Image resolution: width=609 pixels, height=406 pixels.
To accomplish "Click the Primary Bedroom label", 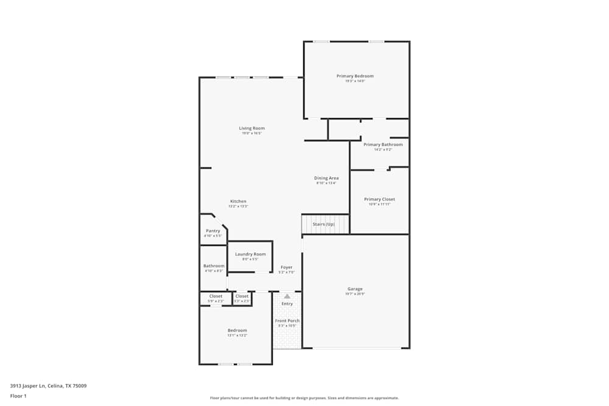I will [x=355, y=76].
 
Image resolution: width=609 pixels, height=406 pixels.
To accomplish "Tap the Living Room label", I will [x=252, y=128].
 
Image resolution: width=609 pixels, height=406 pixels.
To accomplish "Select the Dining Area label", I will [x=326, y=178].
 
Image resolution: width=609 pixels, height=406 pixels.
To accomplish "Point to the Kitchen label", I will [x=238, y=201].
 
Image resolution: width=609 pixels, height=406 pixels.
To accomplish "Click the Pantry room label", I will [x=213, y=231].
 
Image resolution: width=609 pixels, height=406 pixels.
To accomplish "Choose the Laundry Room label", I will [x=250, y=254].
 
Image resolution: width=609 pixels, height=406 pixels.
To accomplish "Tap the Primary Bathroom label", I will [x=383, y=145].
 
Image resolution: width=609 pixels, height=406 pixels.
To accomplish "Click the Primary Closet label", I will [x=379, y=199].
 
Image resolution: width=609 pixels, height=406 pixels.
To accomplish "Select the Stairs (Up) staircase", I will [x=325, y=224].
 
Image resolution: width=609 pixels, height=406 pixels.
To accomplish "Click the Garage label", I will [x=355, y=289].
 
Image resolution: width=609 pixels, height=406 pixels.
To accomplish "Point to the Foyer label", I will [x=286, y=267].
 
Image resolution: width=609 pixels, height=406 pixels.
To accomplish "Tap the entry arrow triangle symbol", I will [x=287, y=296].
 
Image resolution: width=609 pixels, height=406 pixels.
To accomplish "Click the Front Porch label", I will [x=287, y=321].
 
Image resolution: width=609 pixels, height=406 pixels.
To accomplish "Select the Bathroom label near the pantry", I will [x=214, y=266].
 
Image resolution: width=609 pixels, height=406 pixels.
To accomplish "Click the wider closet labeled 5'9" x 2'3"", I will [x=216, y=296].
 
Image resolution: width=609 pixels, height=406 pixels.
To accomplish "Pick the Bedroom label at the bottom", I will [x=238, y=331].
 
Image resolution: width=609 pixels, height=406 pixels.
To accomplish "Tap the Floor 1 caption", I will [x=18, y=396].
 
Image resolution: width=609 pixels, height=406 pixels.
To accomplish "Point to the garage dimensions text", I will [x=355, y=294].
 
